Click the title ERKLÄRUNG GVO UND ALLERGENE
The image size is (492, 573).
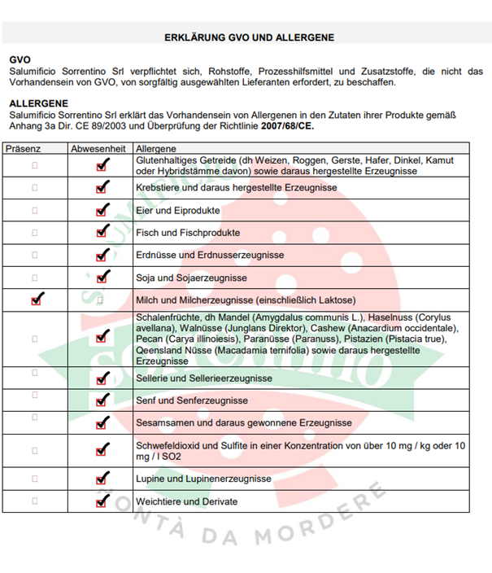tap(249, 37)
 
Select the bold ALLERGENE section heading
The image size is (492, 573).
tap(38, 104)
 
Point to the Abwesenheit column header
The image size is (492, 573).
tap(98, 150)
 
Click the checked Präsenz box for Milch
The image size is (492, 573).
tap(35, 300)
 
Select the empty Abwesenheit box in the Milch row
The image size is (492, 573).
tap(101, 300)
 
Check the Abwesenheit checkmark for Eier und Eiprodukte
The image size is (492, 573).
tap(102, 210)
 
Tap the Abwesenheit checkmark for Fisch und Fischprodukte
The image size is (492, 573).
tap(102, 233)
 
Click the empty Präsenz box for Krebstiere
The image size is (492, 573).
tap(34, 187)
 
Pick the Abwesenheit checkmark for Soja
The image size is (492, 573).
tap(102, 278)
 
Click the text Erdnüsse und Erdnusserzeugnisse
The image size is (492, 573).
tap(210, 256)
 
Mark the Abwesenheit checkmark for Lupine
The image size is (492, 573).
tap(102, 479)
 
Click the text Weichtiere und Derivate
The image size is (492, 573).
tap(187, 501)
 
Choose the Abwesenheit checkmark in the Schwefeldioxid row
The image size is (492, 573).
tap(102, 449)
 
